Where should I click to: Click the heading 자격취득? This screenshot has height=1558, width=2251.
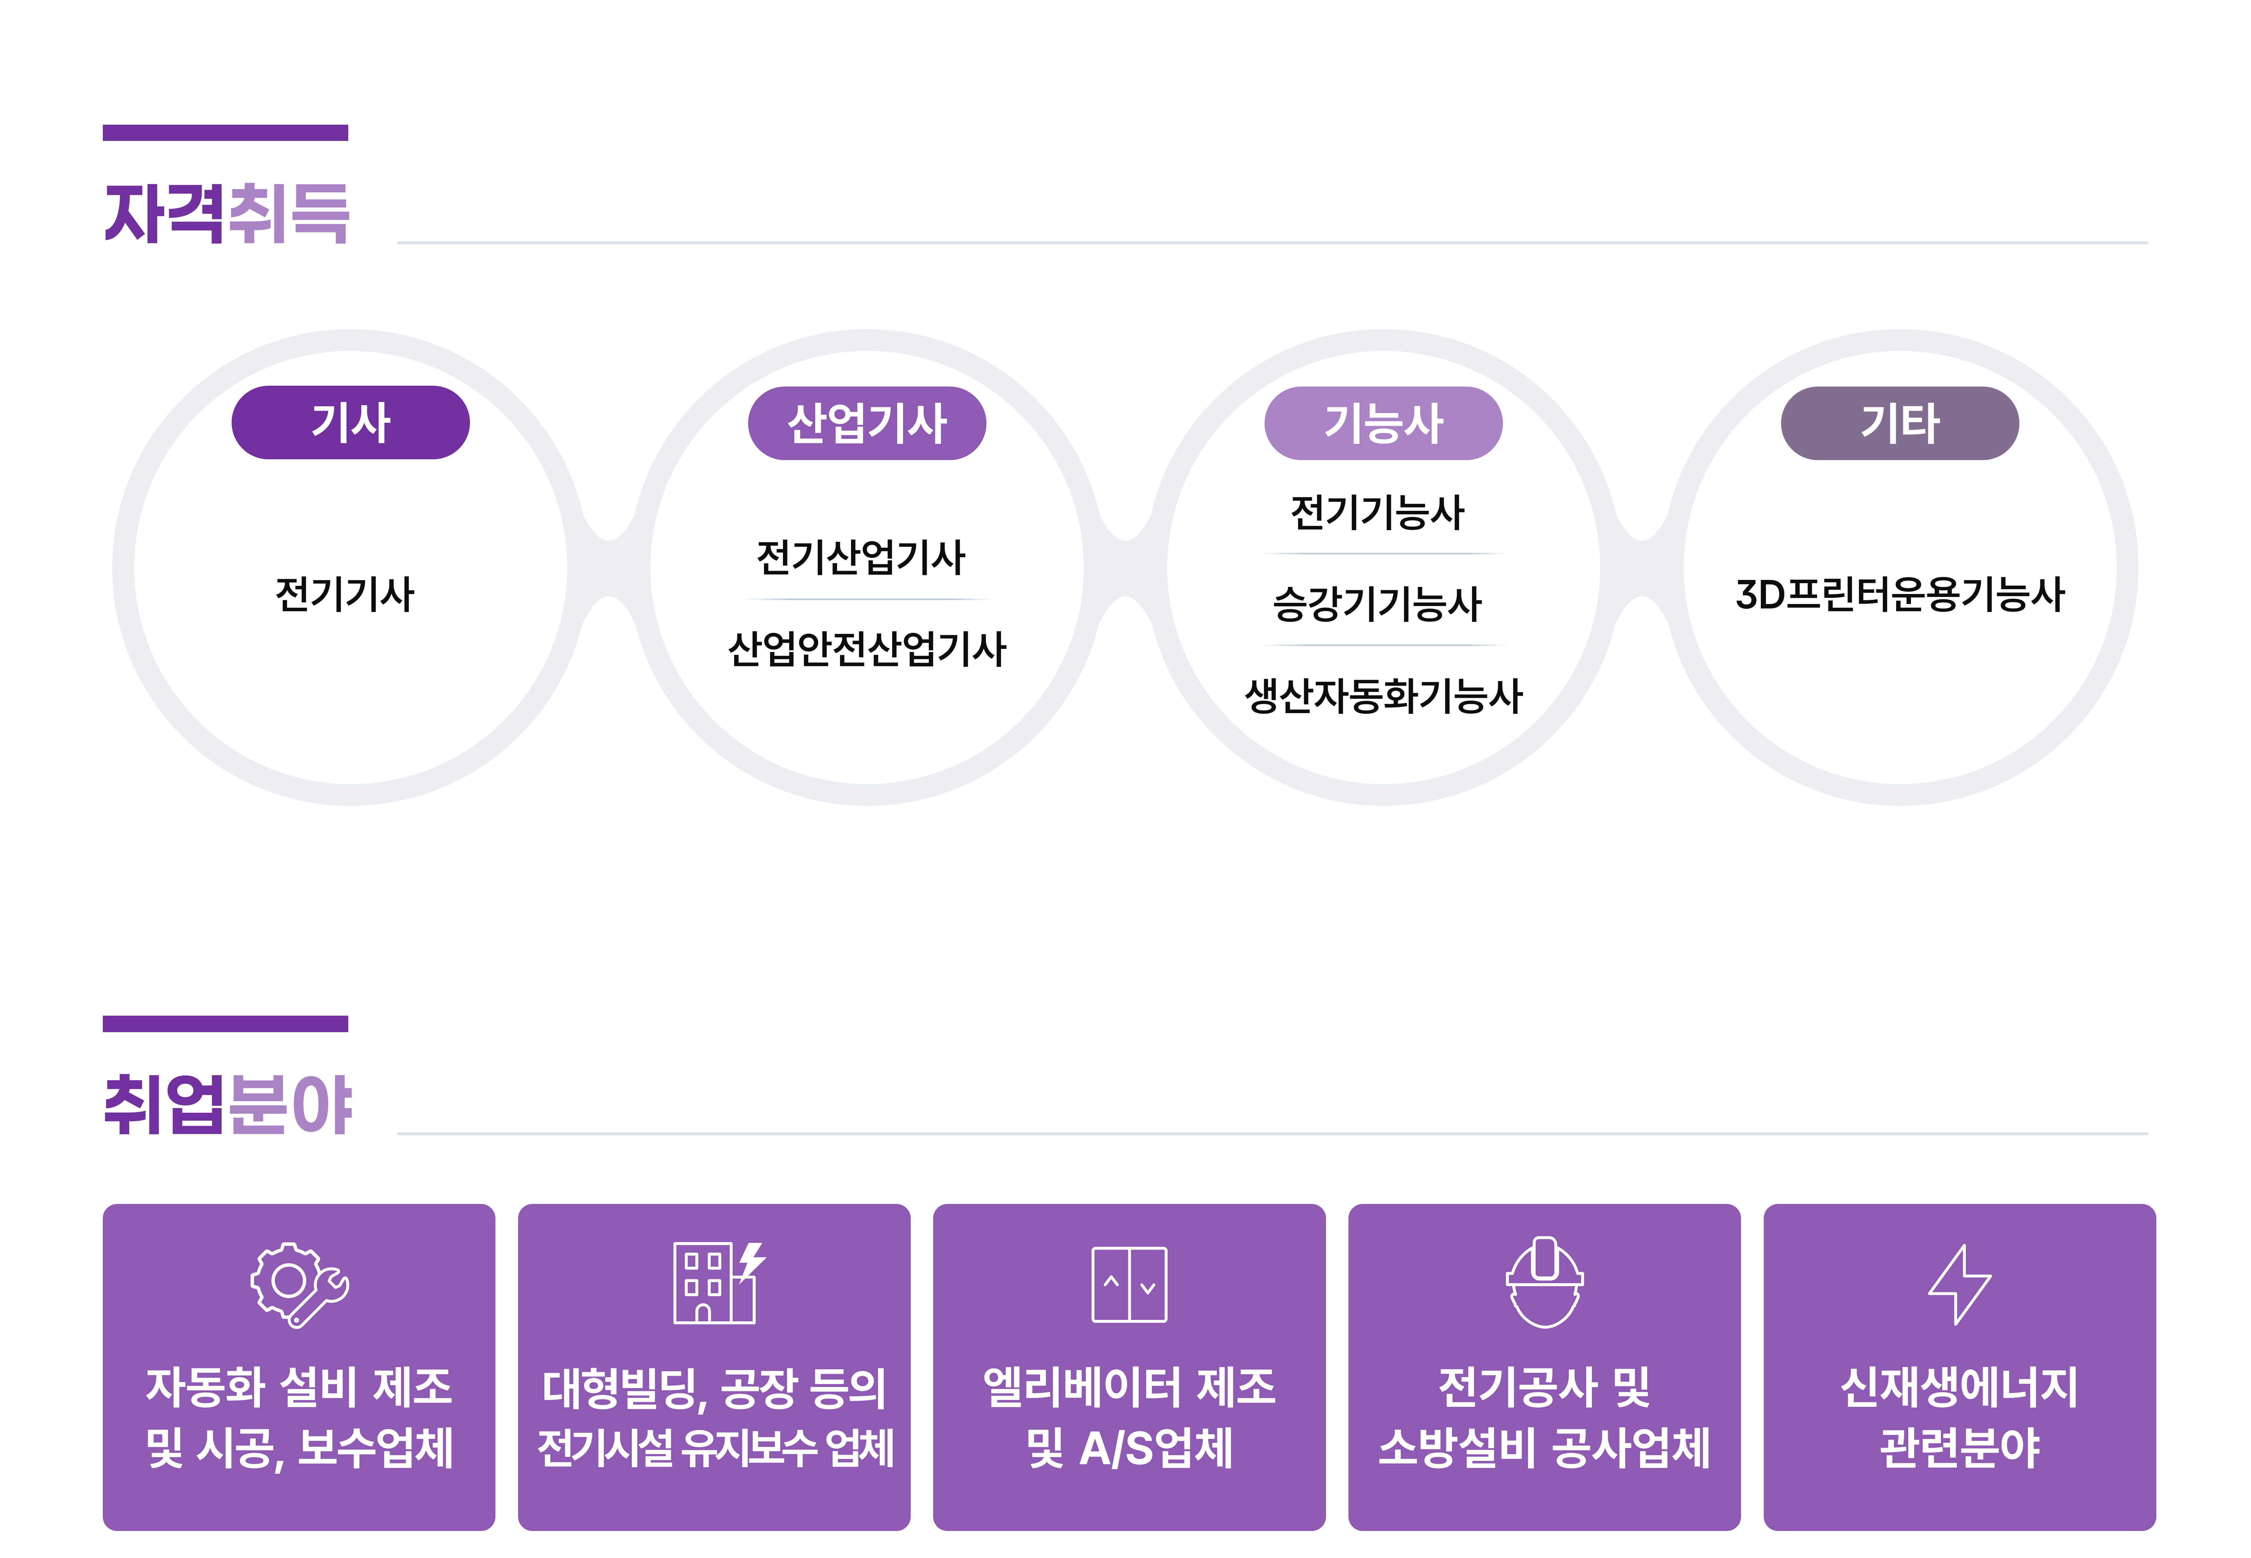226,213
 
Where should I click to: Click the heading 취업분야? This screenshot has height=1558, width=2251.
226,1104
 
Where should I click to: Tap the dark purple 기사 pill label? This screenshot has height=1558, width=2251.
350,423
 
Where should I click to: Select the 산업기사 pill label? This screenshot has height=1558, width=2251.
867,423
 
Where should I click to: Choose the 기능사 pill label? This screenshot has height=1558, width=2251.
1383,423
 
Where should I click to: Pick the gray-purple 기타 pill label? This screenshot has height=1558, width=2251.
1900,423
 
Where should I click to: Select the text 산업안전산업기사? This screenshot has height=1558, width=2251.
867,648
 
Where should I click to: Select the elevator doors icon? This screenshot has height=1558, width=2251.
1129,1285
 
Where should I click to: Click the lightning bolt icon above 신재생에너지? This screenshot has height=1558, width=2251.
1959,1285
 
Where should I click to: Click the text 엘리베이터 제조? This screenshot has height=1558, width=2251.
1129,1387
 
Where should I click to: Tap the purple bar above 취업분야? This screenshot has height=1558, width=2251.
225,1023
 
